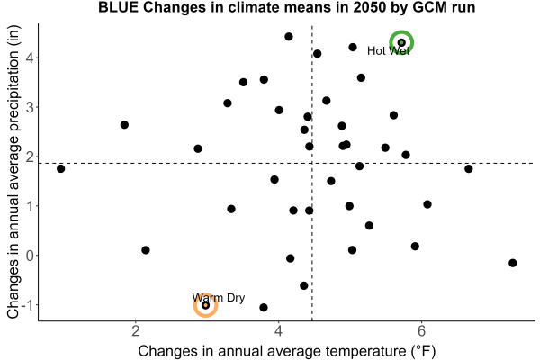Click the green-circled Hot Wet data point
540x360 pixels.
401,42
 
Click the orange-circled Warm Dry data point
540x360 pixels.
205,305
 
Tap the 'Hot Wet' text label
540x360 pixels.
389,51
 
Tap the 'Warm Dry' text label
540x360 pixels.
219,298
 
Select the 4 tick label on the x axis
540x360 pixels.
278,331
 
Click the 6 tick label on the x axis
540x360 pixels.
421,331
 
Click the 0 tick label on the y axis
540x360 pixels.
30,256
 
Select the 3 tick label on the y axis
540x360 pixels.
30,107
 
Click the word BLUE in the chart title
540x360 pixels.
118,7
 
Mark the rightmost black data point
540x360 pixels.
512,263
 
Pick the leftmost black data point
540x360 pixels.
60,169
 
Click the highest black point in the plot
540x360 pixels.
289,37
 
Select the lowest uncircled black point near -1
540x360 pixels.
264,307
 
